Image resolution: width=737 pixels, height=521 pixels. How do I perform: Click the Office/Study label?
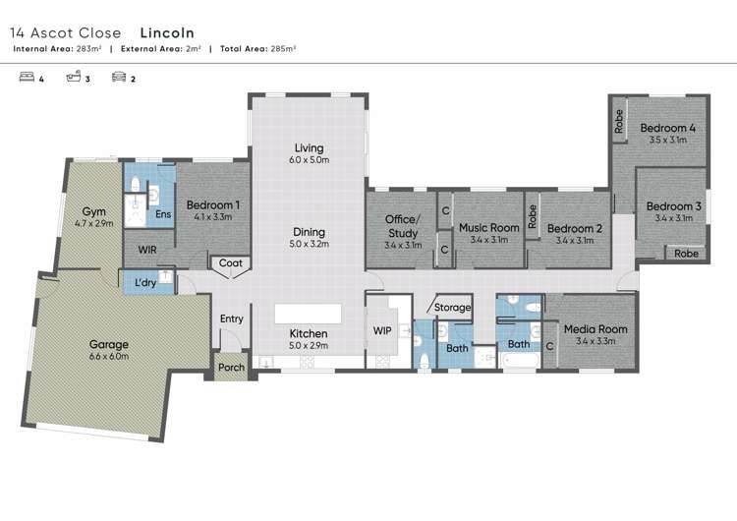(x=403, y=226)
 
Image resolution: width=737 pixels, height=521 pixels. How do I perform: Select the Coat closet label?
(x=230, y=263)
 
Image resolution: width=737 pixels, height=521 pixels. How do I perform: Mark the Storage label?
(x=453, y=308)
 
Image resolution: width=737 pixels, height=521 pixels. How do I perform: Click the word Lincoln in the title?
(x=166, y=32)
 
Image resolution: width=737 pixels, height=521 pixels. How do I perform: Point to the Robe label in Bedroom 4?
(x=619, y=121)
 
